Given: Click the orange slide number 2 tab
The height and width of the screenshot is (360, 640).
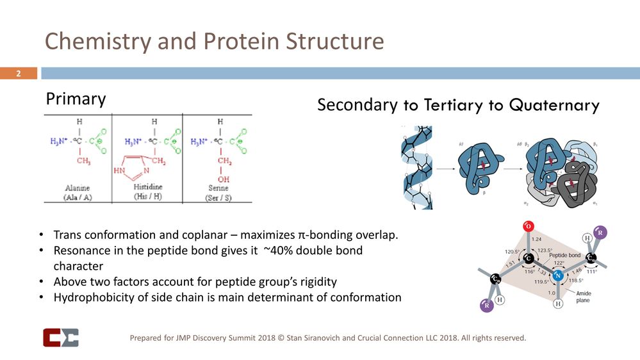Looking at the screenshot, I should tap(19, 74).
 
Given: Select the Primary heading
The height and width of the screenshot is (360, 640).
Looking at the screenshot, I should tap(76, 99).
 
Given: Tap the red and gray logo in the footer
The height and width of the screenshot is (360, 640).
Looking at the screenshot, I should tap(60, 338).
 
